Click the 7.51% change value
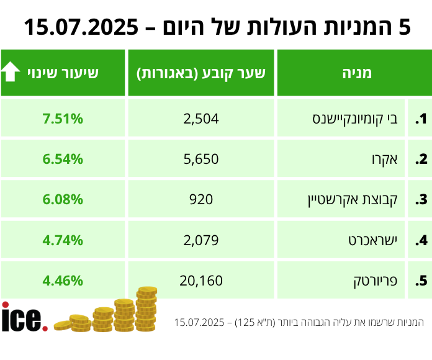pyautogui.click(x=63, y=119)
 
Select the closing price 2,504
pyautogui.click(x=201, y=119)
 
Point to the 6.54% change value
pyautogui.click(x=63, y=159)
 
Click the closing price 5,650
pyautogui.click(x=201, y=159)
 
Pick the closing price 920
pyautogui.click(x=201, y=199)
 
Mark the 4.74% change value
pyautogui.click(x=63, y=240)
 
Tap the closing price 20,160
pyautogui.click(x=201, y=280)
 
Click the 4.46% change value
pyautogui.click(x=63, y=280)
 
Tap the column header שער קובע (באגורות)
pyautogui.click(x=201, y=73)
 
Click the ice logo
pyautogui.click(x=24, y=317)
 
